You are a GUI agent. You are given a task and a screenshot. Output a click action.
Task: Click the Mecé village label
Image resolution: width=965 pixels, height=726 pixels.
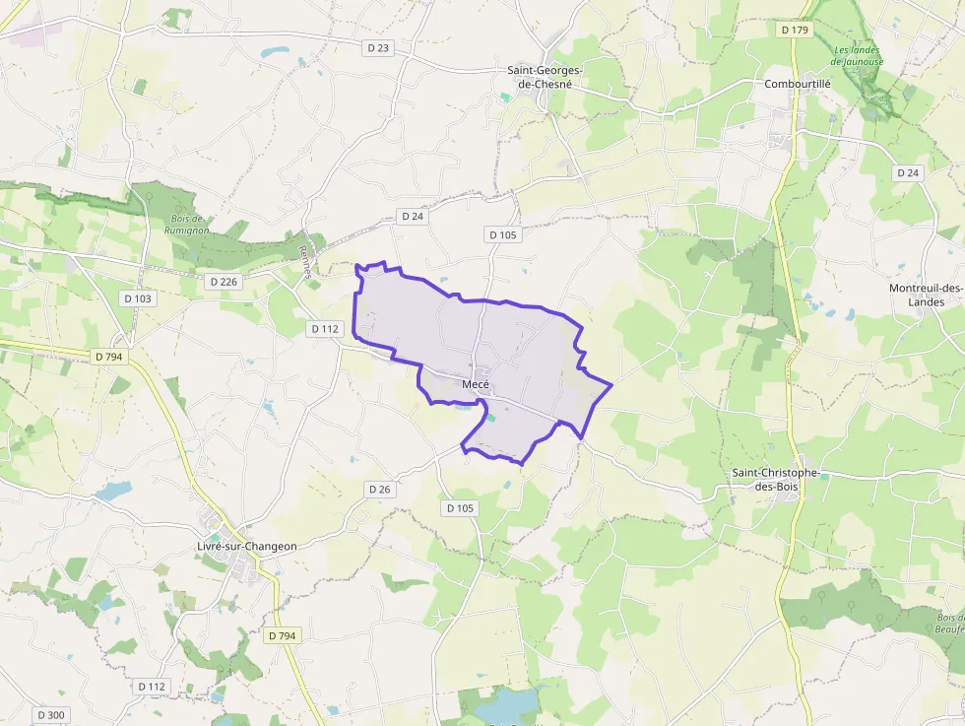[x=476, y=384]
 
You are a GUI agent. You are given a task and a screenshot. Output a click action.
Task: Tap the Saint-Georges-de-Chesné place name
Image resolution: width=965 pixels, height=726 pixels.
[x=545, y=77]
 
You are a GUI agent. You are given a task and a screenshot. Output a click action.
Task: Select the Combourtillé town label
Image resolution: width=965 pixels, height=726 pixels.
[x=798, y=84]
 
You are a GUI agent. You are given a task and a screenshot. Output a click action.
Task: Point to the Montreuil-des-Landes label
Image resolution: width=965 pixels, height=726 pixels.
[x=926, y=295]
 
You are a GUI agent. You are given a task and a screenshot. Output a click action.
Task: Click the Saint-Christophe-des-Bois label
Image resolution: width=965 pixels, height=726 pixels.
[x=776, y=480]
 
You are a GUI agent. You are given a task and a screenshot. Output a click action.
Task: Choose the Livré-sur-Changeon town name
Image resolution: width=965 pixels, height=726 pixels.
[x=247, y=546]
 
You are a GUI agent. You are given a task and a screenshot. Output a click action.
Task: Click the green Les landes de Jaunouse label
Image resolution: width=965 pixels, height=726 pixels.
[x=858, y=55]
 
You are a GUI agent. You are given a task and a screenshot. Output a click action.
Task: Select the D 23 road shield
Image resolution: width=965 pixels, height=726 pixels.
[x=378, y=47]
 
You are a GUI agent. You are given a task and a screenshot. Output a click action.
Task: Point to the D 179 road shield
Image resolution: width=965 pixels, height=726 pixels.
[x=795, y=30]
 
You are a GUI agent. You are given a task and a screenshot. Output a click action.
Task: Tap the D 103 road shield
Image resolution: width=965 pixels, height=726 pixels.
[x=139, y=297]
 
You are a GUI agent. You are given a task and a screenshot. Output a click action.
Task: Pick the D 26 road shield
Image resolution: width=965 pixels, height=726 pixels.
[x=380, y=489]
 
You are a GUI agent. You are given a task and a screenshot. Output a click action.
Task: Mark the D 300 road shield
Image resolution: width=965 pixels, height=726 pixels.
[x=50, y=714]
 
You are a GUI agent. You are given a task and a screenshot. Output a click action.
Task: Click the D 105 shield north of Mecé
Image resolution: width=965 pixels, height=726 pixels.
[x=502, y=234]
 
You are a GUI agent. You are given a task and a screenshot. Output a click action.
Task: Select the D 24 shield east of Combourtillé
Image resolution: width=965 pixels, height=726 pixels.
[x=908, y=172]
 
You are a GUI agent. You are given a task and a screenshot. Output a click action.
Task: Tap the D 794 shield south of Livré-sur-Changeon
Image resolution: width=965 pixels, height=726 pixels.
[x=282, y=636]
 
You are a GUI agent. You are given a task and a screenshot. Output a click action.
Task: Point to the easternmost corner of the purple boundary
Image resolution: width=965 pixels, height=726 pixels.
[x=611, y=384]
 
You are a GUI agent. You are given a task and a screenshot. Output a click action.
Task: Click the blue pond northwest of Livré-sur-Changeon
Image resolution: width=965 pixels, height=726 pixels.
[x=113, y=490]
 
